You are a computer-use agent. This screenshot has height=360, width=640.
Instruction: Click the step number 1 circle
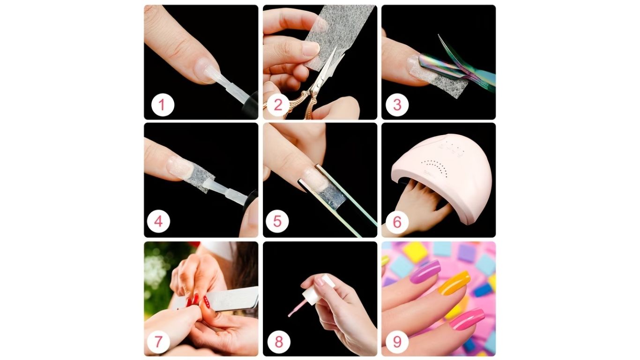[163, 105]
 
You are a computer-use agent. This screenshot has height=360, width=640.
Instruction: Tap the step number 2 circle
[278, 105]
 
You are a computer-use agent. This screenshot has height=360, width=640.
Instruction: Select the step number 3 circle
[397, 105]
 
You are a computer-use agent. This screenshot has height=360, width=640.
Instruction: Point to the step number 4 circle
[158, 222]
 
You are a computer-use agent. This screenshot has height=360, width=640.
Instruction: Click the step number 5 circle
[277, 222]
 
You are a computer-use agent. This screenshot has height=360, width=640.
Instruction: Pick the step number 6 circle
[397, 222]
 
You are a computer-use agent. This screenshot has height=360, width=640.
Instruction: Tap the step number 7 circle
[158, 341]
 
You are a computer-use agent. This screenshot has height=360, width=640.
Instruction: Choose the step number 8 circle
[279, 341]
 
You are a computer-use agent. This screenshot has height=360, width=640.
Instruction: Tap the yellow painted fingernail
[454, 283]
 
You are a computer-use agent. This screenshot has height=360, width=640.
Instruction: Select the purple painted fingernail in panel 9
[425, 272]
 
